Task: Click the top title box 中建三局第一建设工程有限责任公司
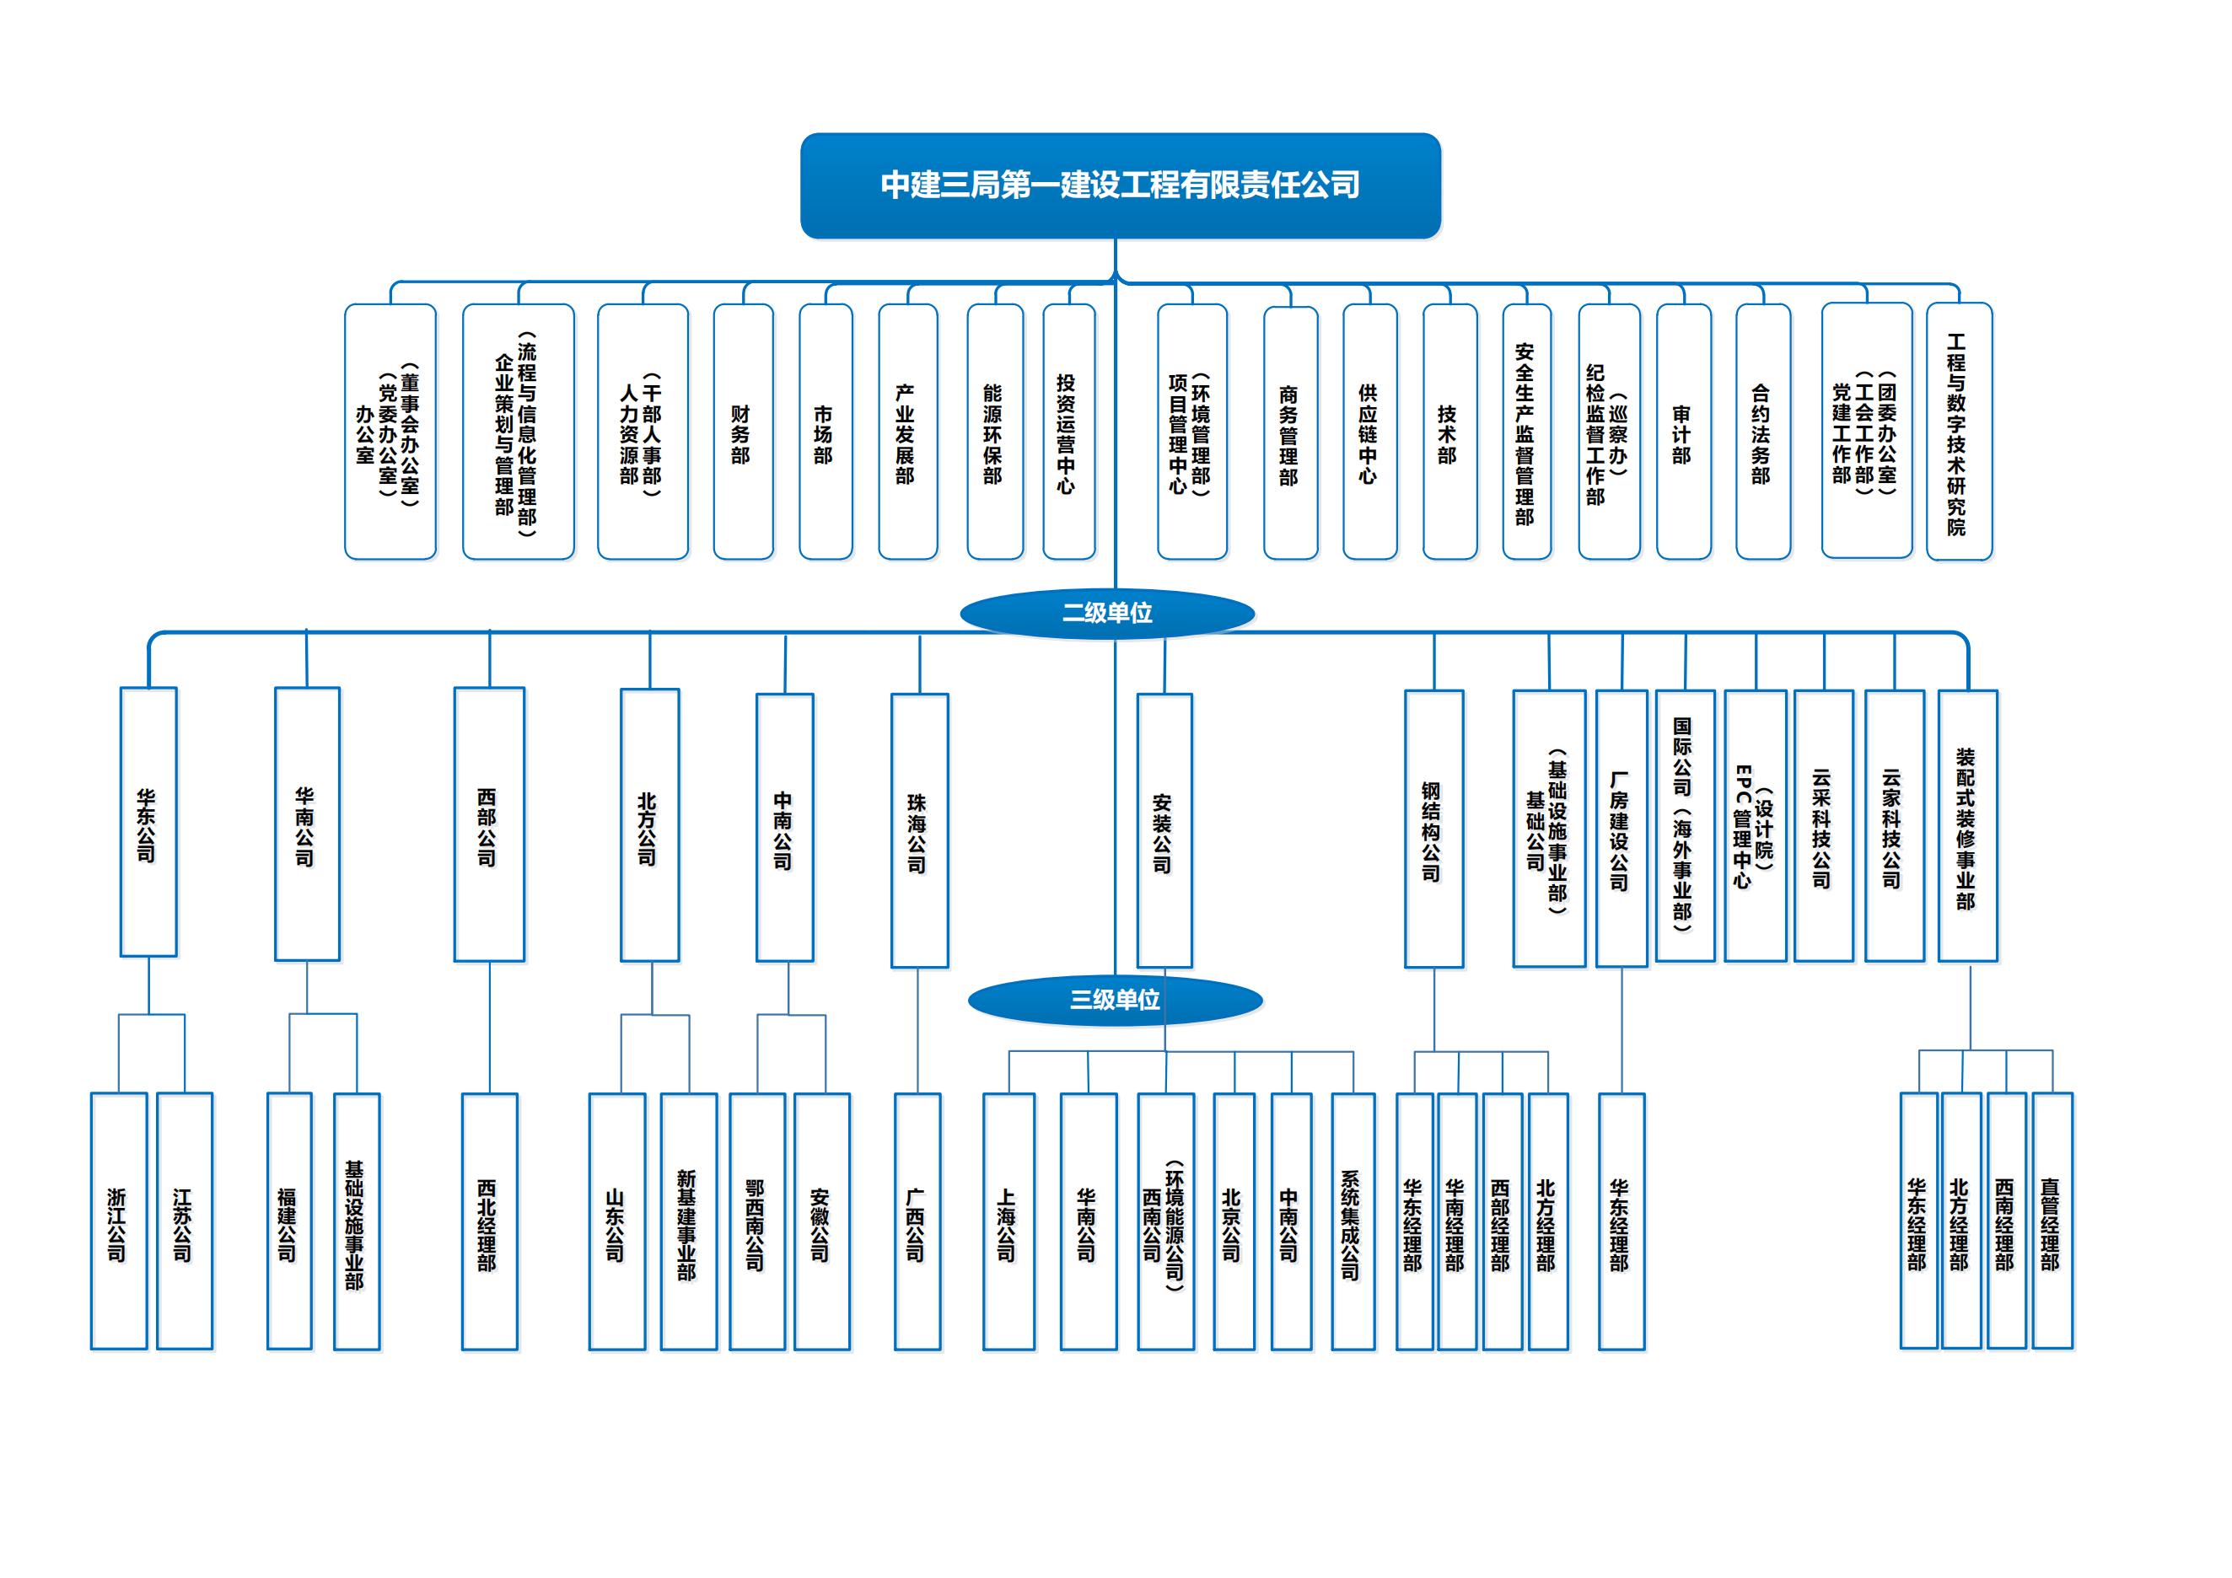pos(1120,185)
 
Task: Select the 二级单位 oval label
pos(1107,613)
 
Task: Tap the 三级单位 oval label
pos(1115,1000)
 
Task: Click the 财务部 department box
pos(743,432)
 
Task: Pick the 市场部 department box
pos(826,432)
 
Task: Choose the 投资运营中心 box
pos(1068,432)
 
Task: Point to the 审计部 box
pos(1683,432)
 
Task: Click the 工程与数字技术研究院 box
pos(1959,432)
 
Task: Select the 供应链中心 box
pos(1369,432)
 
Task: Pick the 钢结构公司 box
pos(1433,828)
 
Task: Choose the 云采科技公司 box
pos(1823,826)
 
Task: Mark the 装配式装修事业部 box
pos(1966,826)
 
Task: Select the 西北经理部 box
pos(489,1221)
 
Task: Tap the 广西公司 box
pos(917,1221)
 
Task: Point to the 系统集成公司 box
pos(1353,1221)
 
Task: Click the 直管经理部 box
pos(2052,1221)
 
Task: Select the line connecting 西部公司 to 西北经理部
pos(489,1027)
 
